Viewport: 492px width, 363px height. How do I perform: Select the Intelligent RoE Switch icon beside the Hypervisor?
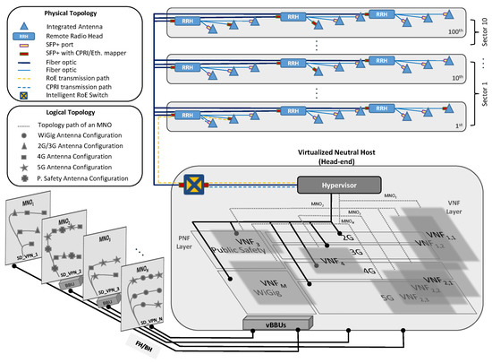tap(191, 186)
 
